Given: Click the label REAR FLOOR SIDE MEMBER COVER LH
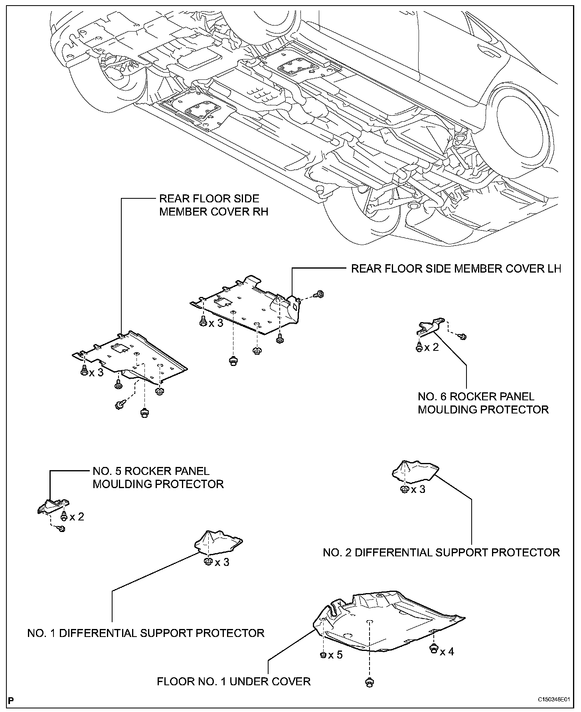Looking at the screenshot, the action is (456, 269).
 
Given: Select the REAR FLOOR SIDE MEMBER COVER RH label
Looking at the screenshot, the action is (214, 205).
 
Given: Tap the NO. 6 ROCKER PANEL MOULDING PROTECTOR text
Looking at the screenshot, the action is (483, 403).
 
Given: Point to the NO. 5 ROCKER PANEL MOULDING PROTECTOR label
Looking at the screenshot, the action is (158, 478).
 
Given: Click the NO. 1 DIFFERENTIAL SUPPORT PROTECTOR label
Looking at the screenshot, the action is (146, 633).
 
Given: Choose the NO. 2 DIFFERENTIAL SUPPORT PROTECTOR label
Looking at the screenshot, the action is (441, 552).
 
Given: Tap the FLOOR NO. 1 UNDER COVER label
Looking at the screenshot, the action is (234, 681).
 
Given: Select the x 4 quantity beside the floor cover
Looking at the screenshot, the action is (447, 652).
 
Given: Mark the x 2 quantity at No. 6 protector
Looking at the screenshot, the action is (431, 347).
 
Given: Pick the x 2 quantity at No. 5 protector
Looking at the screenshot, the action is (77, 517).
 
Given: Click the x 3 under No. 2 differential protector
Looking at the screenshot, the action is (418, 489).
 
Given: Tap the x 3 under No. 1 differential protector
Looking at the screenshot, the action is (222, 562).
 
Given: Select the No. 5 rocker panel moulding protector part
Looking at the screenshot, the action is (53, 506).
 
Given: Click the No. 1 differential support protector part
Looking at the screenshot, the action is (219, 542).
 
